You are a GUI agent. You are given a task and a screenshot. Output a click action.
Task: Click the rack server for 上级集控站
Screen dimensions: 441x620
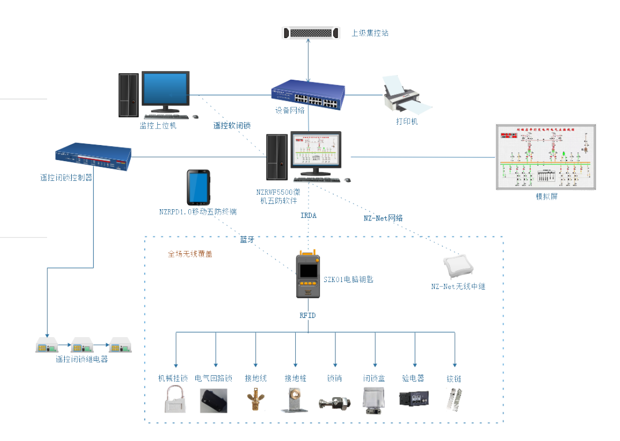click(x=311, y=33)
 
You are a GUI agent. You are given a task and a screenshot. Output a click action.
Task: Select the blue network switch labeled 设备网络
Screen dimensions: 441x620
click(x=308, y=95)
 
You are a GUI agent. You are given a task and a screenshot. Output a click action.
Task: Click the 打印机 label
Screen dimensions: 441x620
click(x=407, y=122)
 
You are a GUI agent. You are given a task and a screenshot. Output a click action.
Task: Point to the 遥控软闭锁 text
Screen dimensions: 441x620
click(x=232, y=126)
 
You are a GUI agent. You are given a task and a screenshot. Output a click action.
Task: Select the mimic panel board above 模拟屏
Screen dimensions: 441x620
click(x=546, y=157)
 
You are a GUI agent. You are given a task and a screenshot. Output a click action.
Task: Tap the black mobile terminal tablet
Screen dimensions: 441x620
click(x=198, y=188)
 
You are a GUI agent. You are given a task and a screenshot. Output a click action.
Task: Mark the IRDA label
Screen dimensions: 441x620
click(x=308, y=216)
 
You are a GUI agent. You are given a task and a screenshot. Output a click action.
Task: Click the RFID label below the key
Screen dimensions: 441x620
click(x=308, y=316)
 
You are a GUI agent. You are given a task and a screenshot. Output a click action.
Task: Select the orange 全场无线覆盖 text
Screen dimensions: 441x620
click(x=190, y=254)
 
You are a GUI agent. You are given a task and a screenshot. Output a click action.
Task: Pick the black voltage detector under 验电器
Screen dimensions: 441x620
click(x=412, y=399)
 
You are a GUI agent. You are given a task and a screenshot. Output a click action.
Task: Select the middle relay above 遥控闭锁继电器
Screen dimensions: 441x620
click(x=83, y=345)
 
